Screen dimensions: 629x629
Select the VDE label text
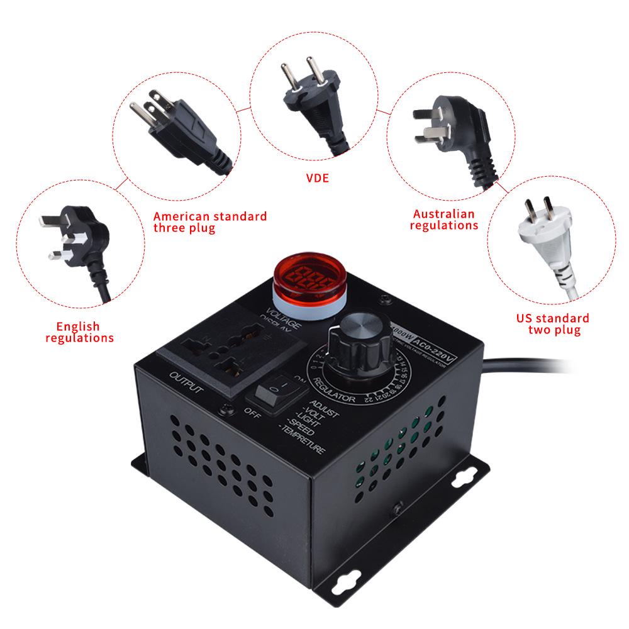(317, 179)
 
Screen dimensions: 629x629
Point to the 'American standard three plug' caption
(209, 222)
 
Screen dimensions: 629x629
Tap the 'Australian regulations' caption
(443, 220)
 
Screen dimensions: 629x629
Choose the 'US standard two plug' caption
(553, 324)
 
